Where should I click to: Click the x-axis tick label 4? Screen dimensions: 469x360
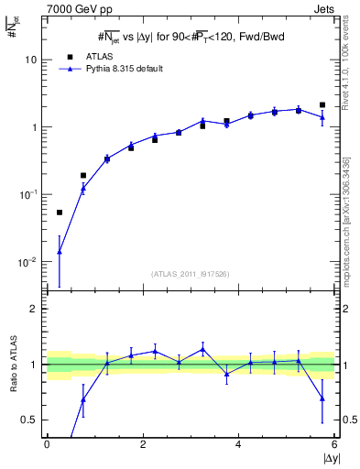click(238, 444)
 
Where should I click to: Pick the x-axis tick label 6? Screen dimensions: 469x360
click(334, 444)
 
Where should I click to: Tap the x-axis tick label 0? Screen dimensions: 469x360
click(47, 444)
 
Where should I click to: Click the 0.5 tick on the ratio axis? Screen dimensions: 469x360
click(30, 420)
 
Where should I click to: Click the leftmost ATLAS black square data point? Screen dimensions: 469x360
click(60, 213)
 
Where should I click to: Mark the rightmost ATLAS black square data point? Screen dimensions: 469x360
click(322, 105)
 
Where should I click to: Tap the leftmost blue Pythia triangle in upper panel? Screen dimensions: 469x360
click(60, 251)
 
